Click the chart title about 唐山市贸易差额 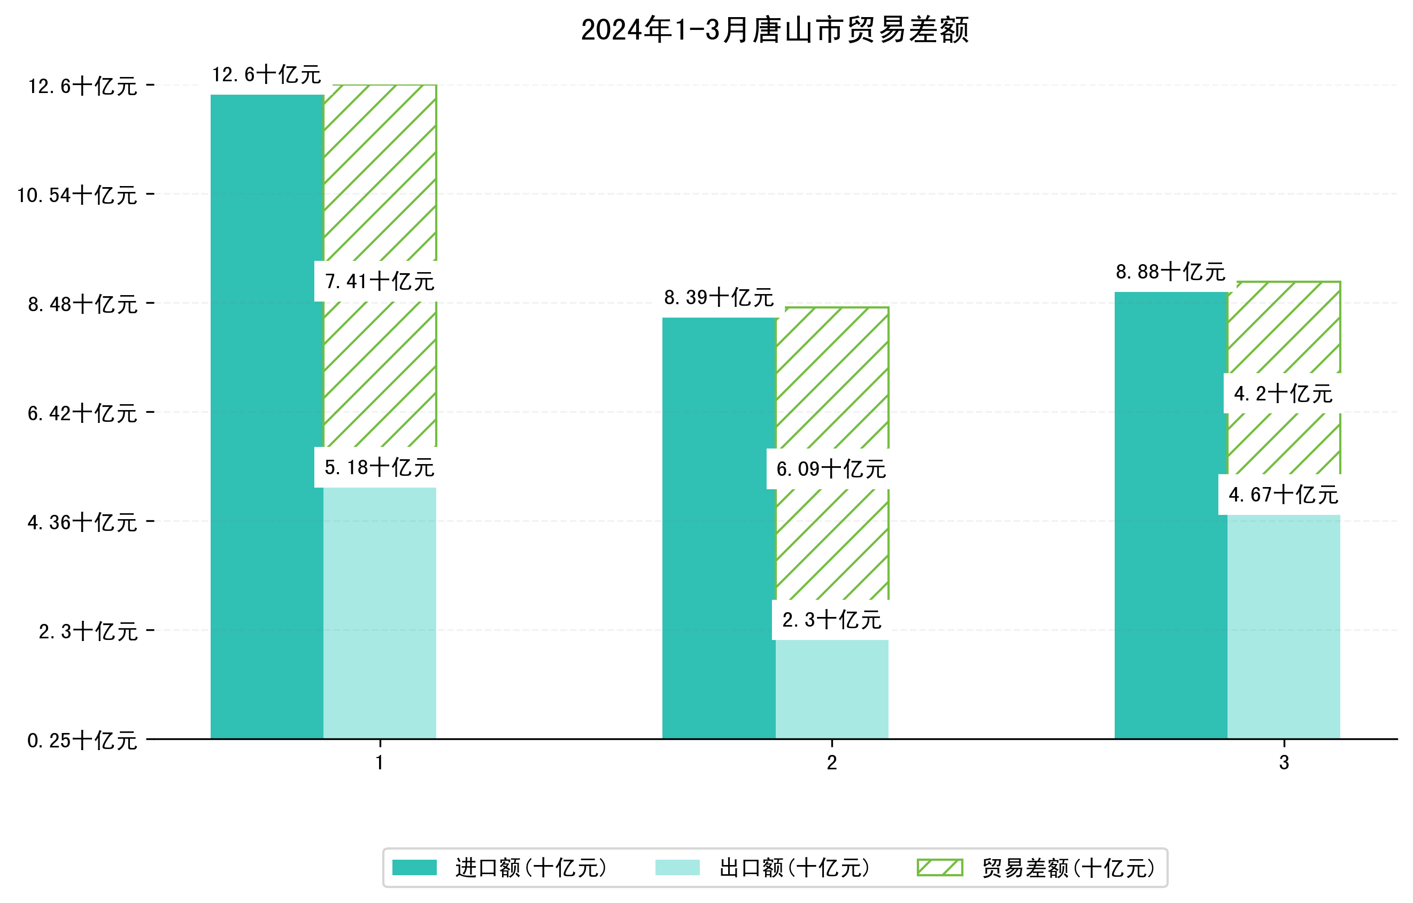[775, 30]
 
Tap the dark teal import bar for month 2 [719, 528]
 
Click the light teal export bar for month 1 [380, 613]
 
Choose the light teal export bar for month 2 [831, 690]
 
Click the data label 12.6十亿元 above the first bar [266, 74]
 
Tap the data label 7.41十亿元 [379, 282]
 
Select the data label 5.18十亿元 [379, 468]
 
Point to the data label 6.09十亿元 [831, 469]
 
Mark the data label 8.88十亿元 [1171, 272]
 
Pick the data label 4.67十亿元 [1283, 495]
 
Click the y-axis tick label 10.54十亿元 [77, 195]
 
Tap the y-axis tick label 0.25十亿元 [82, 740]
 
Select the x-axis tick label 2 [831, 763]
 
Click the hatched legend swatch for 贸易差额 [939, 867]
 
